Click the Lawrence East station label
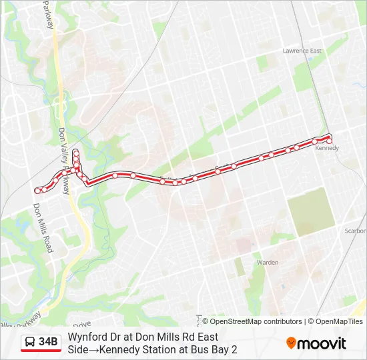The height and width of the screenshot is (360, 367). (302, 51)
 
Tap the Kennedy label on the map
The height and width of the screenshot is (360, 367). (327, 148)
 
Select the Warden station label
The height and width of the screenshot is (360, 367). (268, 262)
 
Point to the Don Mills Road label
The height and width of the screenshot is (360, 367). (43, 228)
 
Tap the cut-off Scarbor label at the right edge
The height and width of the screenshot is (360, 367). (356, 231)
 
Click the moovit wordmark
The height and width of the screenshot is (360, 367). (322, 343)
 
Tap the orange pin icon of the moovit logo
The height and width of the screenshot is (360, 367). (291, 343)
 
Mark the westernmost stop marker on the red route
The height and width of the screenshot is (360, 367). (37, 191)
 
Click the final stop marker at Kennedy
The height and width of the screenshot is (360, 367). (329, 141)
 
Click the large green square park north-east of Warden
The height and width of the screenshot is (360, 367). (310, 211)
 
